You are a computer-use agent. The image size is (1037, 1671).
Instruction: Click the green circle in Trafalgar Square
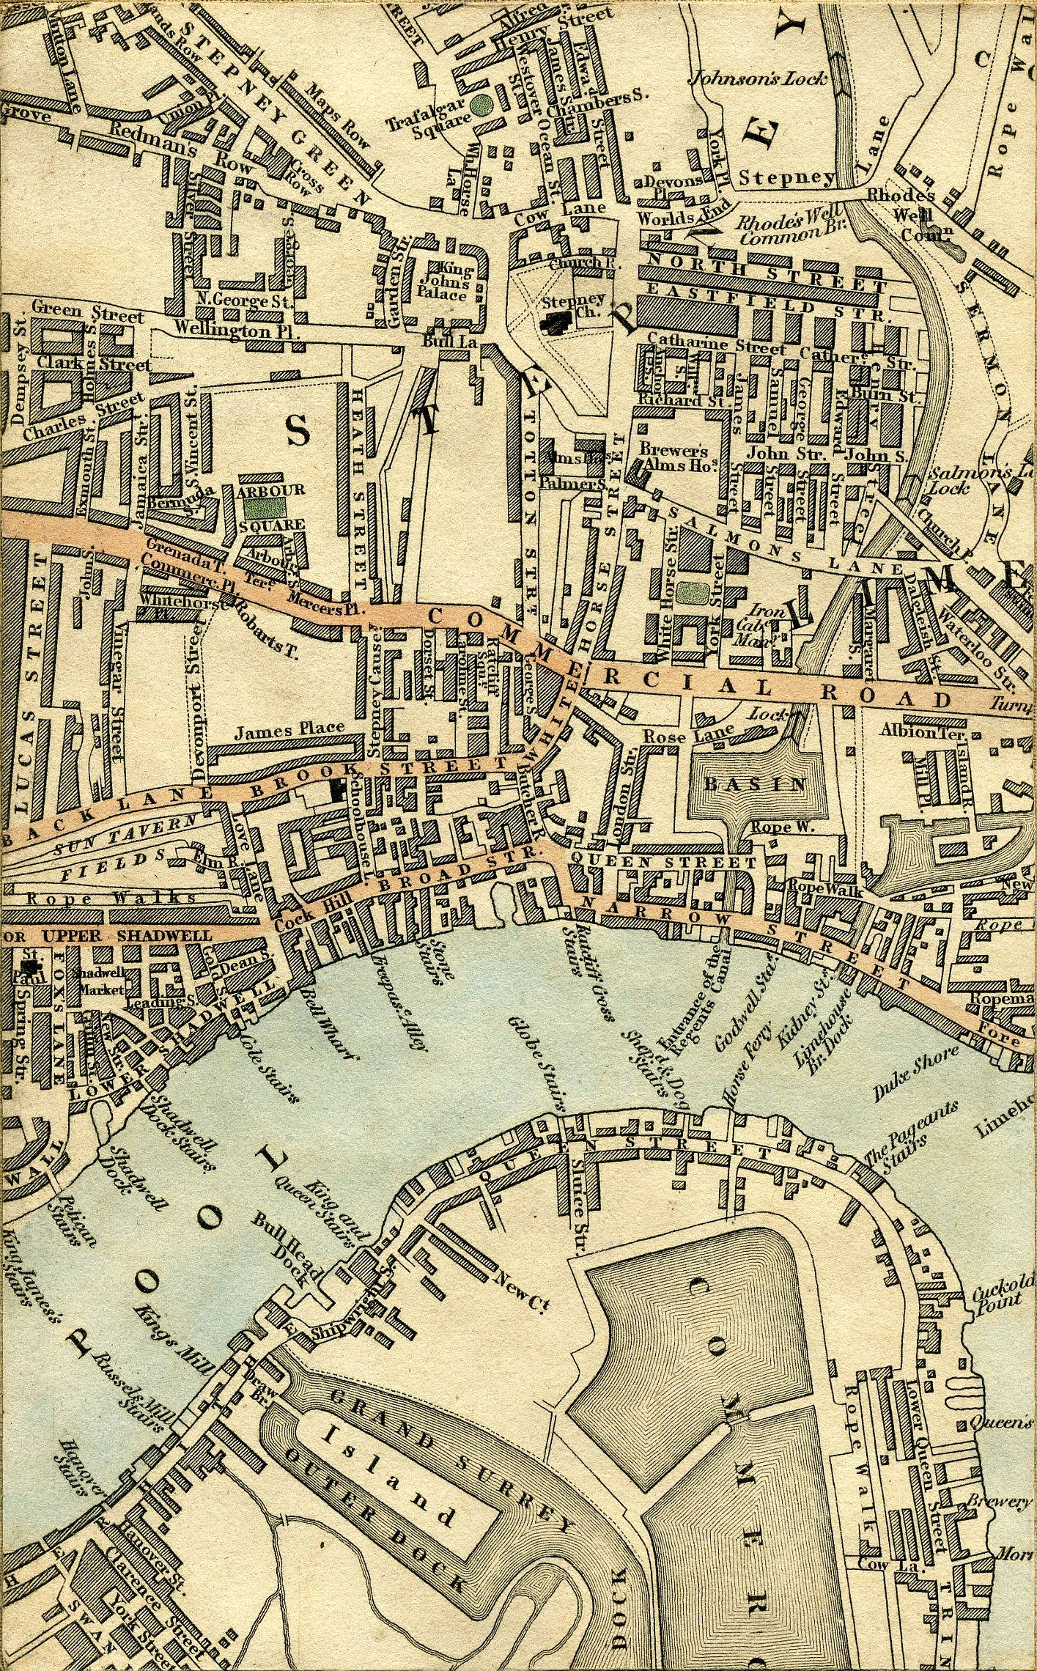[481, 104]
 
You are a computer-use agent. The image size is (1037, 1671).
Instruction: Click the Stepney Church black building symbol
[559, 320]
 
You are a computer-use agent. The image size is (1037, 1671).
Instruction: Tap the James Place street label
[289, 728]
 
